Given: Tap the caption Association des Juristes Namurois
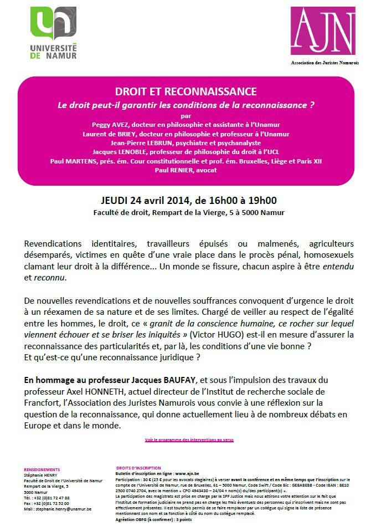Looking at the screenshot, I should click(325, 63).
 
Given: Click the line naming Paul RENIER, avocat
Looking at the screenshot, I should click(186, 170).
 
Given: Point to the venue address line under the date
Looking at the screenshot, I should click(186, 212).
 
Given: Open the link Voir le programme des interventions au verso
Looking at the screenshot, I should click(189, 440).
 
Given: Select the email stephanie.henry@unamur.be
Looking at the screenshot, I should click(58, 508).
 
